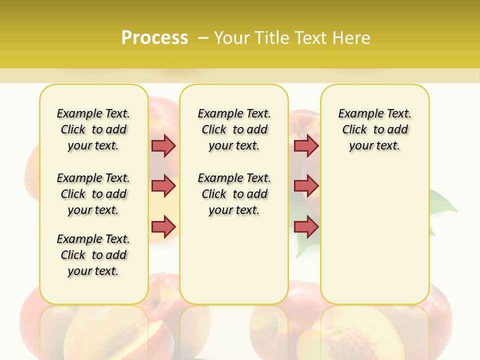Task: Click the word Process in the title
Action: (154, 38)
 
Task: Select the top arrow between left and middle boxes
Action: (163, 145)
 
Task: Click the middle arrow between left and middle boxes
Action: (163, 186)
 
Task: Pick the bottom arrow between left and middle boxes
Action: (163, 226)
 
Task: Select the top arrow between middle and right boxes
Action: (306, 145)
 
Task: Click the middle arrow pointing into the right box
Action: (306, 186)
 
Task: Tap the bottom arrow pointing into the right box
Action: (306, 226)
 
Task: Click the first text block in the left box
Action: (93, 129)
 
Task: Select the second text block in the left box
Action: (93, 194)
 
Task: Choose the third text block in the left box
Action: (93, 255)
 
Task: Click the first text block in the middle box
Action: (234, 129)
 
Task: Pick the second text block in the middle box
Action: (234, 194)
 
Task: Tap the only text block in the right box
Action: (374, 129)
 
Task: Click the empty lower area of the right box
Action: (374, 240)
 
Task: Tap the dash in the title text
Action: (203, 38)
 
